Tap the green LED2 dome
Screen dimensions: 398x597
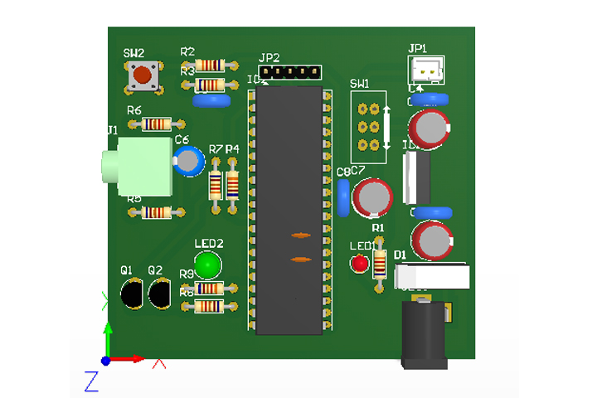click(x=208, y=265)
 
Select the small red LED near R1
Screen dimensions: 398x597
click(x=359, y=265)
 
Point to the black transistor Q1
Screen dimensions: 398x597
click(x=131, y=294)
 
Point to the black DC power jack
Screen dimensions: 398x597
click(x=425, y=335)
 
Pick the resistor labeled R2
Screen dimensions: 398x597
click(x=210, y=65)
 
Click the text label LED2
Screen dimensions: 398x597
click(x=209, y=244)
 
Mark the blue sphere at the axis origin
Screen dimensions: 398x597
click(x=105, y=361)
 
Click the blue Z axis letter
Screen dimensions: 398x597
click(x=91, y=381)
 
